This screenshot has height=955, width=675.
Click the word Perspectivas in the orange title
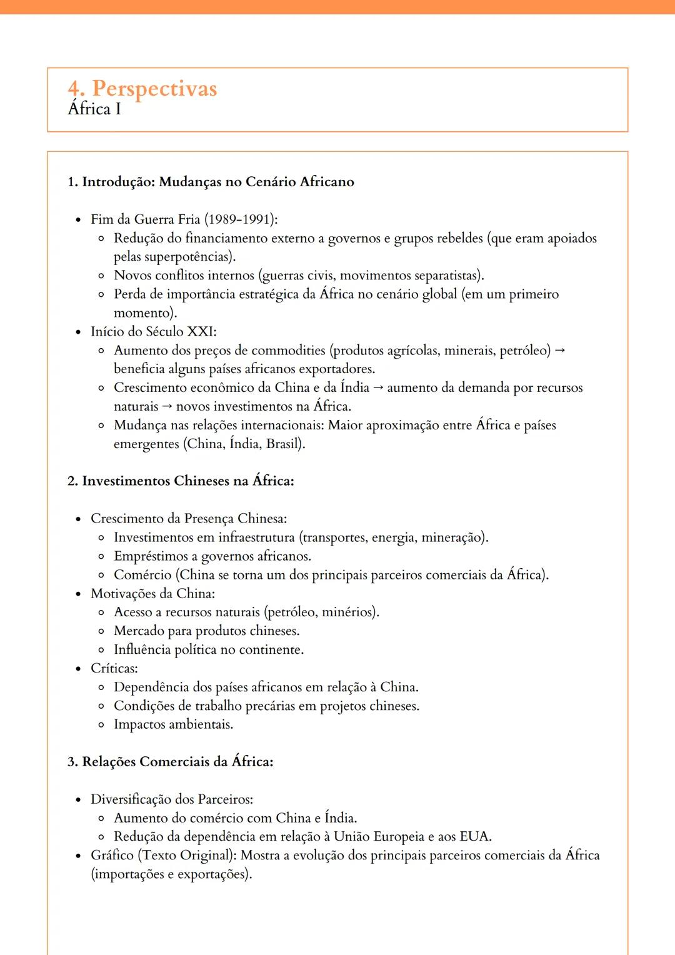pyautogui.click(x=154, y=89)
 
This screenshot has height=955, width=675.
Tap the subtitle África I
pyautogui.click(x=94, y=109)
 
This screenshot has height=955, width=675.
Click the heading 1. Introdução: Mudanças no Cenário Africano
pyautogui.click(x=211, y=182)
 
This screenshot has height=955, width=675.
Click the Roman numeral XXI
pyautogui.click(x=201, y=332)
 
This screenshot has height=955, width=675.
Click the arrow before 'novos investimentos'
pyautogui.click(x=167, y=407)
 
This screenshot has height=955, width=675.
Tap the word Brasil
pyautogui.click(x=284, y=444)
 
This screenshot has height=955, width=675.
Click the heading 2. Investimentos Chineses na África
pyautogui.click(x=181, y=481)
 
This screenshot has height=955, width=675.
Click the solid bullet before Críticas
pyautogui.click(x=78, y=669)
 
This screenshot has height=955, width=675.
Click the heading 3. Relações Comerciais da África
pyautogui.click(x=170, y=762)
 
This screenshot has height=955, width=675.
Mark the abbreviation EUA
pyautogui.click(x=475, y=837)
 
